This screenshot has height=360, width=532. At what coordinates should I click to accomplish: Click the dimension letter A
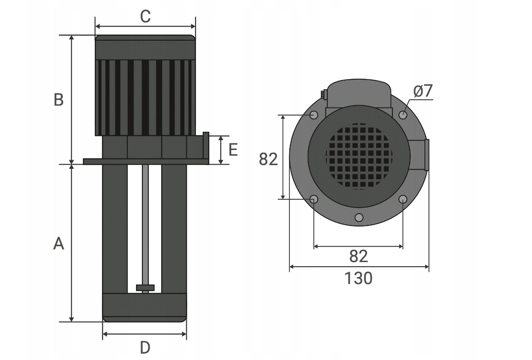tap(59, 244)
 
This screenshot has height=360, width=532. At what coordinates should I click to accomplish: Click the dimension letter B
tap(59, 99)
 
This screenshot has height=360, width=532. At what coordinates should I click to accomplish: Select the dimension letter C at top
tap(145, 16)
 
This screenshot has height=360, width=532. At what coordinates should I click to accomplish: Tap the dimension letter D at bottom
tap(145, 348)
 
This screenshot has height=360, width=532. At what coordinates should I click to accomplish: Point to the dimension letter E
tap(233, 150)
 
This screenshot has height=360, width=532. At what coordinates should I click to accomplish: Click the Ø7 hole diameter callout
tap(423, 91)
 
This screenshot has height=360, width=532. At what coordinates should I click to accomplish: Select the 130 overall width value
tap(358, 278)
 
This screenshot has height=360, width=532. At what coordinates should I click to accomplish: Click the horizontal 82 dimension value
tap(358, 257)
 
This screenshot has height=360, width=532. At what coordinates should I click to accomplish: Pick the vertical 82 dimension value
tap(268, 159)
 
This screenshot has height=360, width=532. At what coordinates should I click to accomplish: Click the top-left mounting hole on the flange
tap(314, 114)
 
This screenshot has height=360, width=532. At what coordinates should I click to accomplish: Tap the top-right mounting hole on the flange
tap(403, 114)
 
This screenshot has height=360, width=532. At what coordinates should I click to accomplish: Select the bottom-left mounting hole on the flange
tap(314, 199)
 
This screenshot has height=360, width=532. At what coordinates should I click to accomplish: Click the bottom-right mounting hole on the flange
tap(403, 199)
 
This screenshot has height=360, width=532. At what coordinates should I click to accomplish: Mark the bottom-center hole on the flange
tap(359, 217)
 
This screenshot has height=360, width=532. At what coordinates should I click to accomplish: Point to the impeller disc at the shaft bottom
tap(145, 287)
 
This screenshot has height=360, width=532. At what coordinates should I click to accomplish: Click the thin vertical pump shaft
tap(145, 224)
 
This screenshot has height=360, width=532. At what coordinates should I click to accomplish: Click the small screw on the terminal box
tap(323, 95)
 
